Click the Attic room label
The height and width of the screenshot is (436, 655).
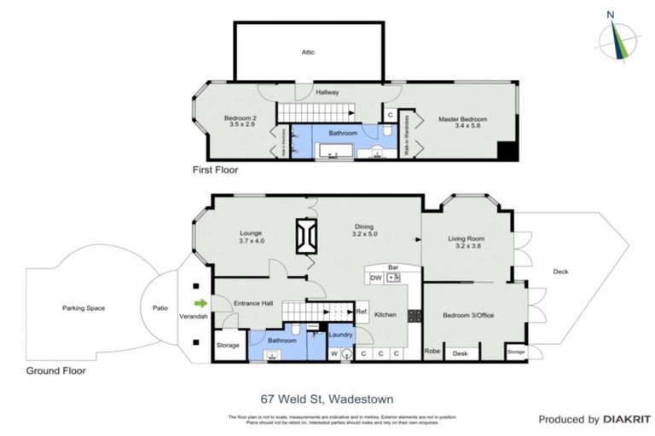click(x=308, y=52)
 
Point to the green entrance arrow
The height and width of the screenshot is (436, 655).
click(x=201, y=302)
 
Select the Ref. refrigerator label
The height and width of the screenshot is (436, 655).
click(x=362, y=313)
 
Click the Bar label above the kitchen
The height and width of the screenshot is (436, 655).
click(x=393, y=267)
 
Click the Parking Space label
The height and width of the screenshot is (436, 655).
click(x=83, y=307)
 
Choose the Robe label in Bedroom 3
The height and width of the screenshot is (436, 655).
click(x=432, y=351)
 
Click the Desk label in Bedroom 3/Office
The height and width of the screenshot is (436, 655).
click(x=461, y=353)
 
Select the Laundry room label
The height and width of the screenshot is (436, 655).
click(x=341, y=334)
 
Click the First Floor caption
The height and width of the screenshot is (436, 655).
click(x=216, y=170)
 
